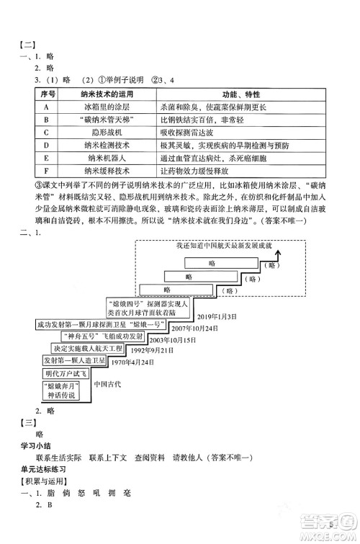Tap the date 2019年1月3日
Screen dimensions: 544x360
tap(216, 317)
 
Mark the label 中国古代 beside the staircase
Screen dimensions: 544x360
tap(109, 384)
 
